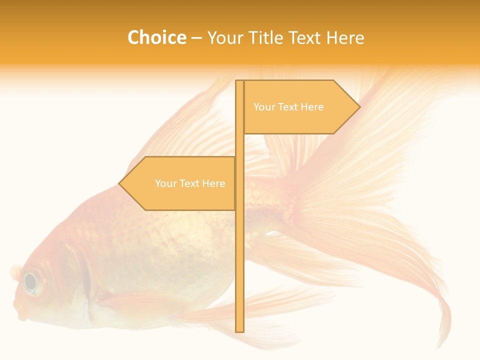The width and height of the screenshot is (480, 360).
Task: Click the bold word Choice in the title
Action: (156, 37)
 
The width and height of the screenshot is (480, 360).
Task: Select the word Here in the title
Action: (345, 37)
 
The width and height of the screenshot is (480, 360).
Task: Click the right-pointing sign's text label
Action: (288, 107)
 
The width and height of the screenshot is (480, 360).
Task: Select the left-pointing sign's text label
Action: (190, 183)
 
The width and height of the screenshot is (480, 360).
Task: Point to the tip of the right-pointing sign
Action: (359, 107)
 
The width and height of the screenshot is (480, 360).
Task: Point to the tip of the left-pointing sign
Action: (119, 183)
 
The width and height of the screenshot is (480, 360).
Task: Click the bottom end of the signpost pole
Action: (240, 330)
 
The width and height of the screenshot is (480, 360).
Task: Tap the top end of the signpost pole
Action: (240, 81)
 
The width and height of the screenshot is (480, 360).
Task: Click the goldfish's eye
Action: (31, 282)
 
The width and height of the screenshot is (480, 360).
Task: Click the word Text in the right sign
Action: (289, 107)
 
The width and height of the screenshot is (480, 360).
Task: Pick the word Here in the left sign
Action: (214, 183)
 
